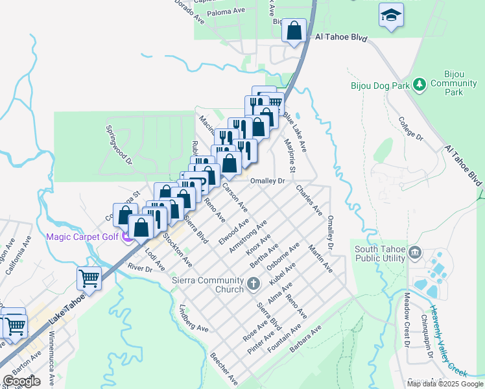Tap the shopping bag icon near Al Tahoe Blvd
click(294, 30)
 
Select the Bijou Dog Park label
click(380, 85)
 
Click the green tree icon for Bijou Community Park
click(420, 84)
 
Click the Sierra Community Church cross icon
click(254, 283)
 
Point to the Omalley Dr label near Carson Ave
click(268, 181)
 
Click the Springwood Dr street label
click(119, 150)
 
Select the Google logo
click(21, 381)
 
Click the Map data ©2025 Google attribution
click(445, 384)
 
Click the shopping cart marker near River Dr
click(89, 279)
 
